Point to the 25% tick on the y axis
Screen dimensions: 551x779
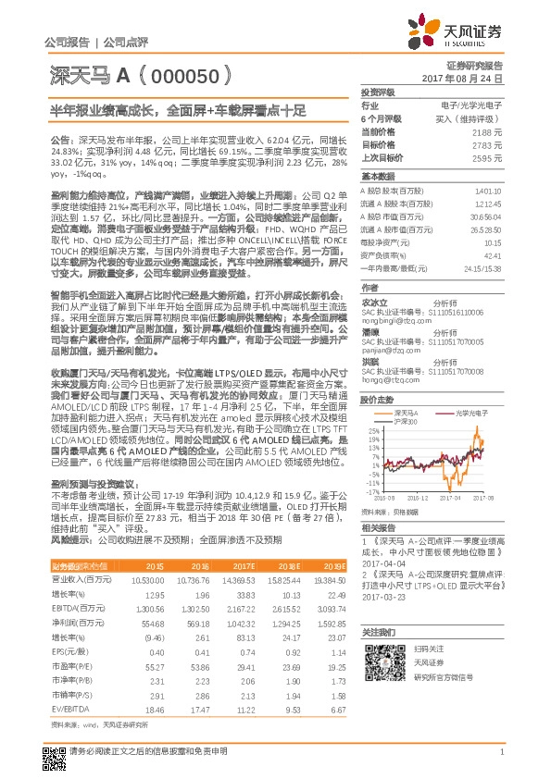tap(370, 430)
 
